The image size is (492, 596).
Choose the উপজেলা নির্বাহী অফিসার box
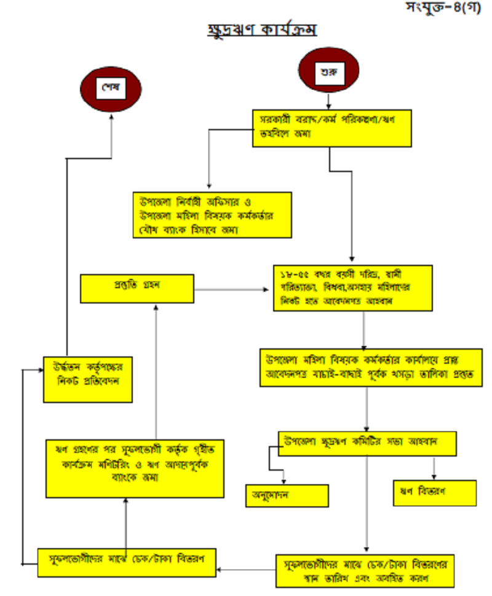[x=212, y=214]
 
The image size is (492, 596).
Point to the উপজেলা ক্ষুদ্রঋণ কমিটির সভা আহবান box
[x=367, y=442]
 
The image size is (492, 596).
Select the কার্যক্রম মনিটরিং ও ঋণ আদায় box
[x=135, y=468]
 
